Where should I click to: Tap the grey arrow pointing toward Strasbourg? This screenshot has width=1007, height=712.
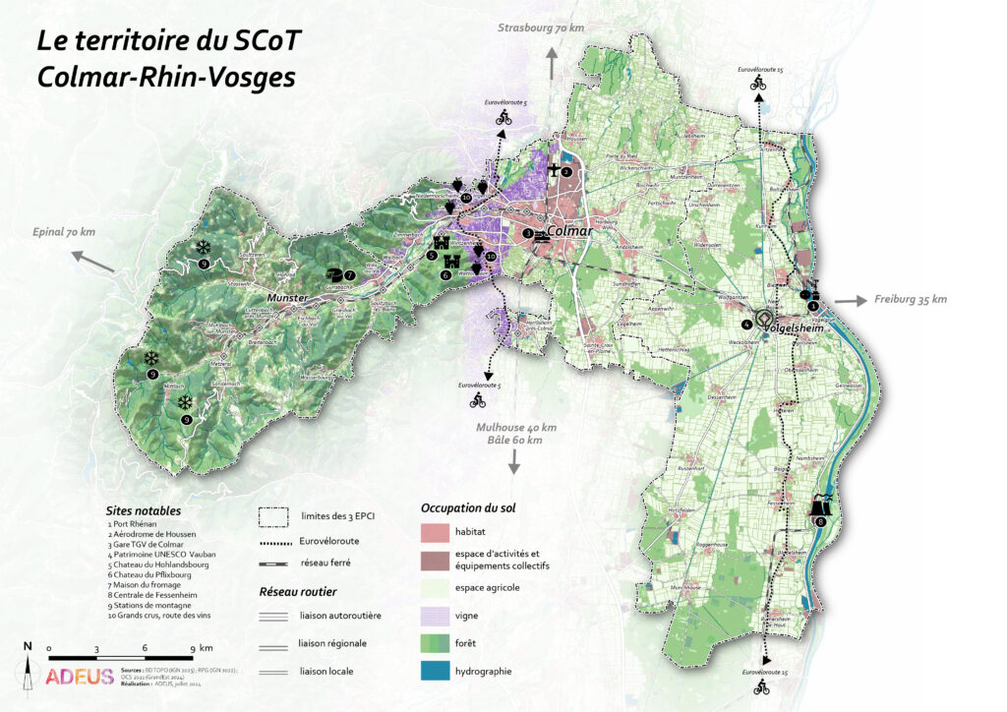pos(553,64)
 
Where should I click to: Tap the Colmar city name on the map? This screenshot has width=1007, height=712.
pos(571,232)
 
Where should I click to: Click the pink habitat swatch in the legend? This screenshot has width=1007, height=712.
pos(434,532)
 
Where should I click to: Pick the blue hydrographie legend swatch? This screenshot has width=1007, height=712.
pos(434,671)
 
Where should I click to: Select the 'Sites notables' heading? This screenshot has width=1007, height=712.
pos(144,510)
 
